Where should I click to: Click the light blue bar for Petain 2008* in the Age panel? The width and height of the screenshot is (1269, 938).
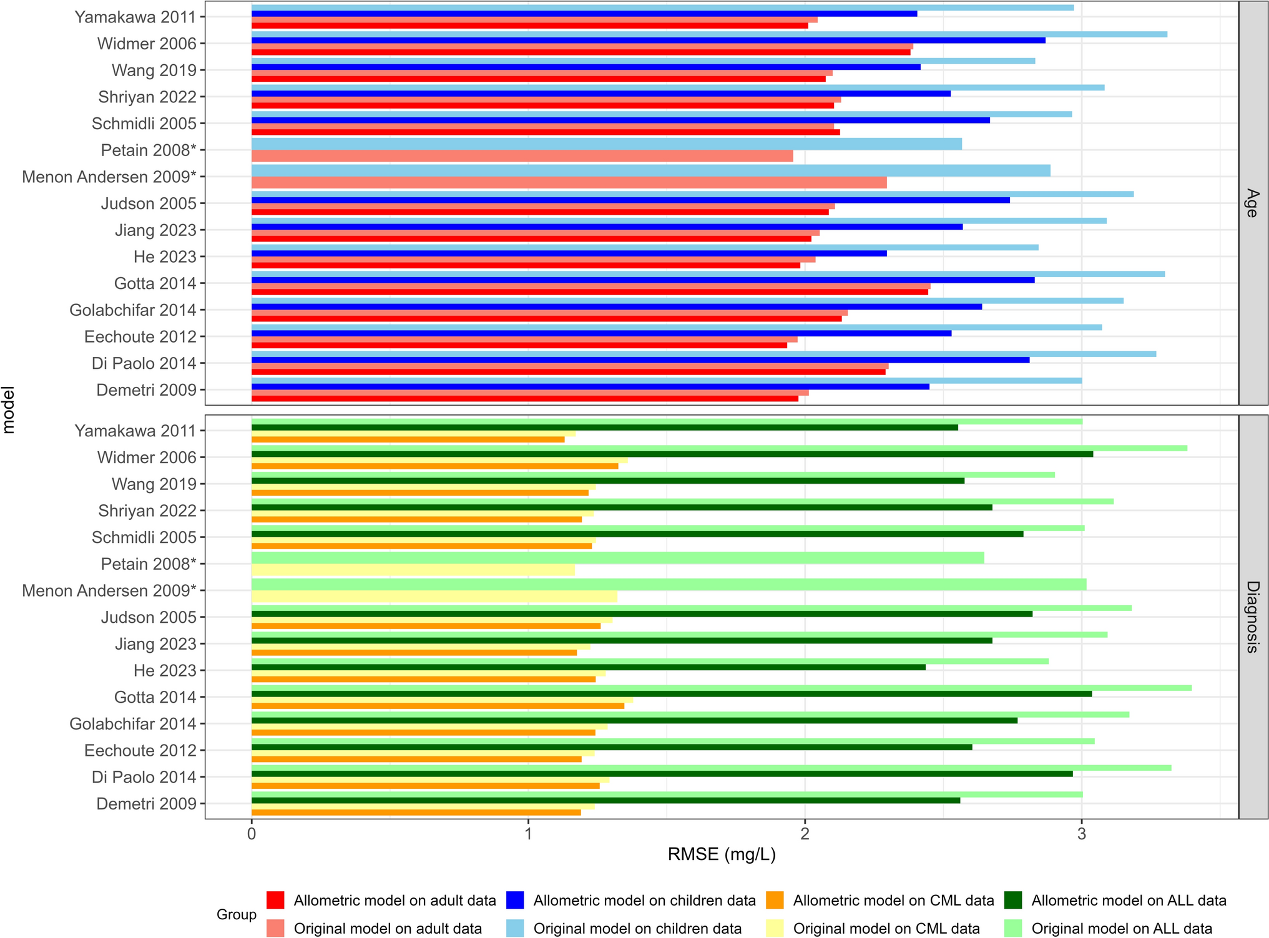[x=605, y=144]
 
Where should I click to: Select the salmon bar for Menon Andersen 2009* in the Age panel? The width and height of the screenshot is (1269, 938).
[x=568, y=183]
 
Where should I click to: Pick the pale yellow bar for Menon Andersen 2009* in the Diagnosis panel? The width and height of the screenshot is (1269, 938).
[x=434, y=597]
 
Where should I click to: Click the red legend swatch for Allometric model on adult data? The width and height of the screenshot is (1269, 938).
[x=275, y=900]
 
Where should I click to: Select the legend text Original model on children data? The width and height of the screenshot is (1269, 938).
[x=637, y=928]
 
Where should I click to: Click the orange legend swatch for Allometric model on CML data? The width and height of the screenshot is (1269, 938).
[x=775, y=900]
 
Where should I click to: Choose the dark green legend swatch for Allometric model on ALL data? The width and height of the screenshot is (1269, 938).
[x=1013, y=900]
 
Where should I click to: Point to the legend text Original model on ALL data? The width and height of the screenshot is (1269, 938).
[x=1122, y=928]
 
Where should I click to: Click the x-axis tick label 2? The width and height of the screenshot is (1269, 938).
[x=805, y=834]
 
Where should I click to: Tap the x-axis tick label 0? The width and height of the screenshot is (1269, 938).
[x=252, y=834]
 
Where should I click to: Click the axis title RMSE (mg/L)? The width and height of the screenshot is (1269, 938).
[x=722, y=854]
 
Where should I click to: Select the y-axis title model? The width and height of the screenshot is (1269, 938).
[x=9, y=409]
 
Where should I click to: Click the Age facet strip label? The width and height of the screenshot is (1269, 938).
[x=1252, y=203]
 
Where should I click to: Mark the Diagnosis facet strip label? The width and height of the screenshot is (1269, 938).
[x=1252, y=617]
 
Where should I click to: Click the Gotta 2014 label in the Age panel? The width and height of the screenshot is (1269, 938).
[x=155, y=283]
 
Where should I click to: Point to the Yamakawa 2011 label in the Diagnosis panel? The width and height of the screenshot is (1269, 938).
[x=135, y=431]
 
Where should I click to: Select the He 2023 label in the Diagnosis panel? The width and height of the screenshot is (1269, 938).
[x=165, y=670]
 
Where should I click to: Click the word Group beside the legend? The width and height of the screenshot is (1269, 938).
[x=236, y=914]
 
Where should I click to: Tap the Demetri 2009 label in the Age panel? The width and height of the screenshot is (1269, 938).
[x=146, y=390]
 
